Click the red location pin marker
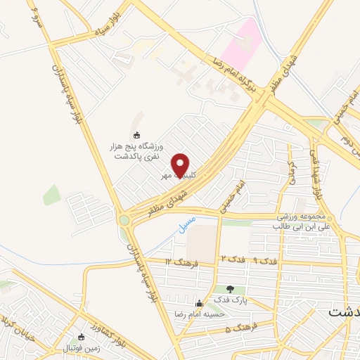[181, 165]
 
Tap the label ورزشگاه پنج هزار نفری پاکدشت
[139, 151]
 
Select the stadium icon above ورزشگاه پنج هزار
[136, 136]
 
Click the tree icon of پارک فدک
[230, 288]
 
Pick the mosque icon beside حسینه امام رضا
[200, 304]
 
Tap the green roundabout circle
[125, 220]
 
